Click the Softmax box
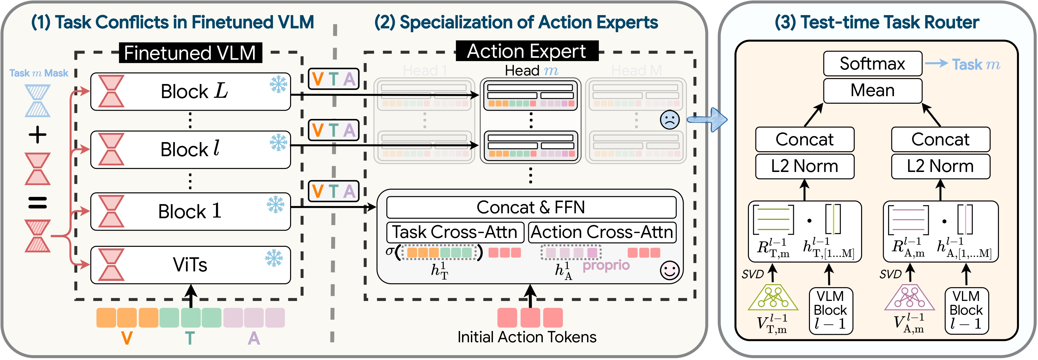pos(872,64)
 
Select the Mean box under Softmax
pos(872,91)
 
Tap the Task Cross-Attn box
pos(455,232)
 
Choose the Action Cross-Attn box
pos(602,232)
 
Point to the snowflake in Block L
pos(278,85)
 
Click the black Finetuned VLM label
pos(190,53)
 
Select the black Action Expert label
pos(527,51)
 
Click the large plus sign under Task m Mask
pos(37,135)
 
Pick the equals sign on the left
pos(37,202)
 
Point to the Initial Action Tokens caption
pos(527,337)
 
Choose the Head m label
pos(531,71)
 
